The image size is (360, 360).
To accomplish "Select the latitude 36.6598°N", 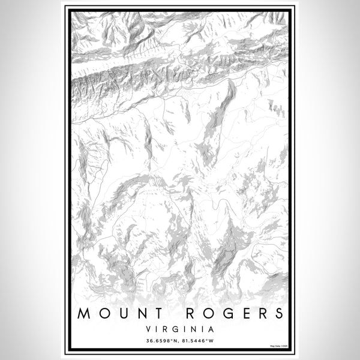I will click(x=161, y=341).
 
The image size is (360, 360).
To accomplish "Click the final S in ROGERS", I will click(x=277, y=313).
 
